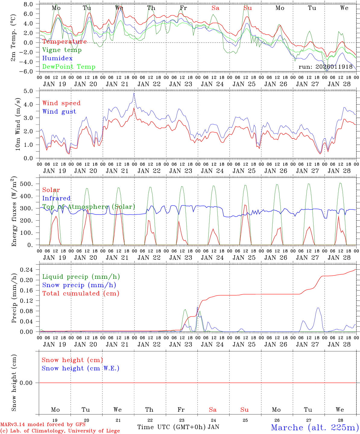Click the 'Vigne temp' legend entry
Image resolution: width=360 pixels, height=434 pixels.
point(62,50)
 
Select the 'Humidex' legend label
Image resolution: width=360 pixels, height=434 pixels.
point(57,58)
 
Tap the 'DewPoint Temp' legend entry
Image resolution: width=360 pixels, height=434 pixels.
point(69,67)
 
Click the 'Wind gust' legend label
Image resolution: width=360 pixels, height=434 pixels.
point(59,112)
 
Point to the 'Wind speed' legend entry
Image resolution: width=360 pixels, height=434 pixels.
point(62,103)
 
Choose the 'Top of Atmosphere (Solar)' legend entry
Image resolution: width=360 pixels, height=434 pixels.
point(89,207)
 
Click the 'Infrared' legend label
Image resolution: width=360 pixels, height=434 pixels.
point(56,198)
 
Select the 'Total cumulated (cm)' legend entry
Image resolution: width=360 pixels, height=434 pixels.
point(81,293)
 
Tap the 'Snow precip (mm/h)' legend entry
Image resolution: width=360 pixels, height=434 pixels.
point(79,285)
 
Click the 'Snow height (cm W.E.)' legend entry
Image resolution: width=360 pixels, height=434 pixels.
point(81,368)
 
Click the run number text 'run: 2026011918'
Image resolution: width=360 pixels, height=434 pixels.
point(326,67)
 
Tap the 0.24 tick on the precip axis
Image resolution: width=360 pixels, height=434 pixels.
point(29,269)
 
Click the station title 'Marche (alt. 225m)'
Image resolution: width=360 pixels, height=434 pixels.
point(315,427)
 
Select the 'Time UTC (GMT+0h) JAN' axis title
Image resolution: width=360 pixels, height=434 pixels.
point(178,427)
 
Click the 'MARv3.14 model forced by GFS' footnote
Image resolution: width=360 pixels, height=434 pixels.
point(43,424)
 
